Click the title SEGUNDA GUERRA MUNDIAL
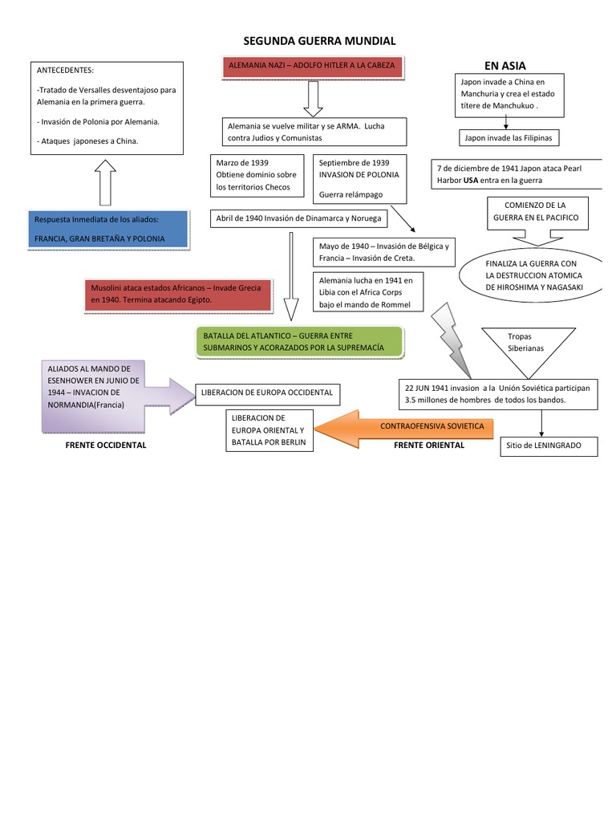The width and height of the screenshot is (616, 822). pyautogui.click(x=319, y=41)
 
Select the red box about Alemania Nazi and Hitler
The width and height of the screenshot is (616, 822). pyautogui.click(x=312, y=67)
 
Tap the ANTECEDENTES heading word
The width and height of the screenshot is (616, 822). pyautogui.click(x=65, y=71)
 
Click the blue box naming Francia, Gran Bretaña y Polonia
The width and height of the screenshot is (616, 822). pyautogui.click(x=108, y=230)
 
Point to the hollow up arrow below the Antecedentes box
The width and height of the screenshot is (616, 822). pyautogui.click(x=105, y=182)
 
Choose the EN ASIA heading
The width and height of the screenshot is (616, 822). pyautogui.click(x=505, y=66)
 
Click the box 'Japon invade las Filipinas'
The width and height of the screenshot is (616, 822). pyautogui.click(x=509, y=138)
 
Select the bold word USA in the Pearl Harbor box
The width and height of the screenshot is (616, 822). pyautogui.click(x=470, y=181)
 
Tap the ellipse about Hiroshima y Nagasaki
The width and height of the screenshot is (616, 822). pyautogui.click(x=531, y=275)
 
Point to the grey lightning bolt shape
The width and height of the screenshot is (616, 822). pyautogui.click(x=452, y=340)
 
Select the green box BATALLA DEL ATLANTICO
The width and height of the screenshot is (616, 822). pyautogui.click(x=299, y=342)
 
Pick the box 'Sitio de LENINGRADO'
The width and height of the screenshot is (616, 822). pyautogui.click(x=549, y=446)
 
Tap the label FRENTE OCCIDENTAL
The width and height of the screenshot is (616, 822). pyautogui.click(x=106, y=445)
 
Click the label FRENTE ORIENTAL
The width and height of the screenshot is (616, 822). pyautogui.click(x=429, y=445)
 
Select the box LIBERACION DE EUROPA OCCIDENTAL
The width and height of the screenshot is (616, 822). pyautogui.click(x=267, y=393)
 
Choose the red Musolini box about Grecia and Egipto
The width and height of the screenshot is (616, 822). pyautogui.click(x=178, y=295)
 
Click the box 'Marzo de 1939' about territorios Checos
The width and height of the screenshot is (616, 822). pyautogui.click(x=257, y=175)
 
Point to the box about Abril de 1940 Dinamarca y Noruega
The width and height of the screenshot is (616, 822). pyautogui.click(x=298, y=218)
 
